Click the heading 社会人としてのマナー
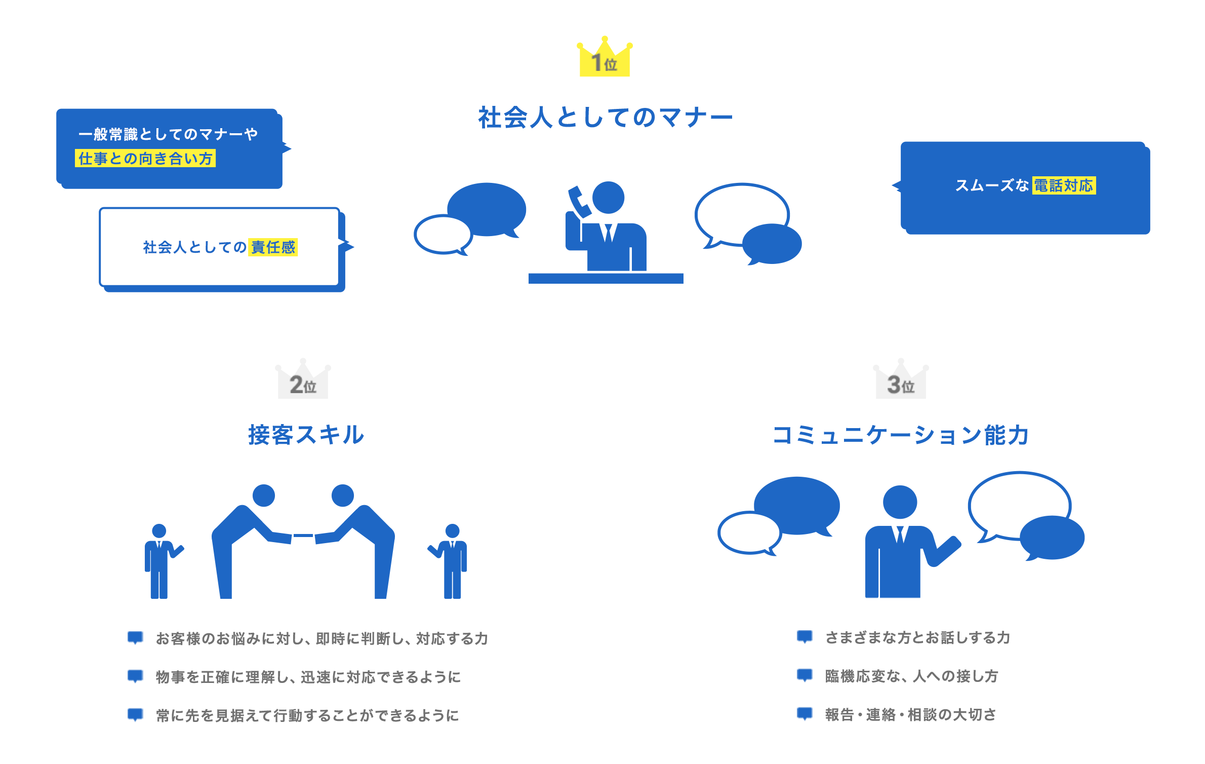[x=605, y=118]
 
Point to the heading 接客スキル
[x=306, y=435]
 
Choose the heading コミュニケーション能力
[x=900, y=435]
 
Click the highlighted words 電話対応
[x=1063, y=185]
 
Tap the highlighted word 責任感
[x=273, y=247]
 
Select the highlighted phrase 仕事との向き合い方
[x=145, y=159]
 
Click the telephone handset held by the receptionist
[x=580, y=202]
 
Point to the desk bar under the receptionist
[x=606, y=278]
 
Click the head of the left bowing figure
[x=263, y=495]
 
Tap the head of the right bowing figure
[x=343, y=495]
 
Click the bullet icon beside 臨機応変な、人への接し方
[x=805, y=675]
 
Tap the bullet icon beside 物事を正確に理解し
[x=135, y=676]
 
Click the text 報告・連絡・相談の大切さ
[x=910, y=714]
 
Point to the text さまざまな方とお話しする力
[x=917, y=637]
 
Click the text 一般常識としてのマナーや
[x=168, y=134]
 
